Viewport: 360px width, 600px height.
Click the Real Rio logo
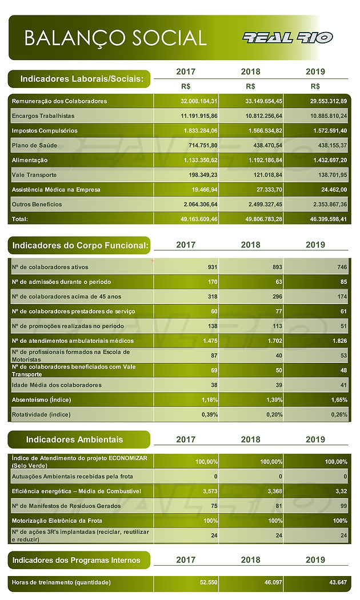pyautogui.click(x=287, y=38)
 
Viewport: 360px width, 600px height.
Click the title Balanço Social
pyautogui.click(x=115, y=38)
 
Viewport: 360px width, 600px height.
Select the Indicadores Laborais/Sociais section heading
pyautogui.click(x=82, y=79)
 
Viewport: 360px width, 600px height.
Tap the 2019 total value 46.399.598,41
pyautogui.click(x=327, y=219)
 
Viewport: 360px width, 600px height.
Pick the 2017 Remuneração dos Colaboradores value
pyautogui.click(x=199, y=101)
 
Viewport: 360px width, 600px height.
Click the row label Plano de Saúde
pyautogui.click(x=34, y=145)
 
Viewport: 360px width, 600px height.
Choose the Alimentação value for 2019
pyautogui.click(x=330, y=160)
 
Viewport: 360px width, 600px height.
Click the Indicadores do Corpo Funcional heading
pyautogui.click(x=81, y=245)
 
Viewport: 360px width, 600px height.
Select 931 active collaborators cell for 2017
pyautogui.click(x=213, y=267)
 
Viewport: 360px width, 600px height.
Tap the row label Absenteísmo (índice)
pyautogui.click(x=41, y=400)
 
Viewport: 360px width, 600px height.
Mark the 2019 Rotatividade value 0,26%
pyautogui.click(x=339, y=414)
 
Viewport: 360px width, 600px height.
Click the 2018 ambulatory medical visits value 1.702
pyautogui.click(x=275, y=341)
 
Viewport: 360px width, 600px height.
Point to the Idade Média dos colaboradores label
pyautogui.click(x=57, y=385)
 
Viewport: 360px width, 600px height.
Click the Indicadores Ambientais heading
pyautogui.click(x=75, y=439)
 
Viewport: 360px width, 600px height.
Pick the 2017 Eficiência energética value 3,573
pyautogui.click(x=210, y=491)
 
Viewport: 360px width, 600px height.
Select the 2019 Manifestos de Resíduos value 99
pyautogui.click(x=343, y=506)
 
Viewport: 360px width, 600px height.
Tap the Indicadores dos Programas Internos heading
pyautogui.click(x=76, y=560)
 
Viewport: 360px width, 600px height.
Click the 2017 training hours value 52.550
pyautogui.click(x=209, y=582)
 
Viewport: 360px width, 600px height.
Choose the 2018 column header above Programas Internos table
pyautogui.click(x=251, y=560)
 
